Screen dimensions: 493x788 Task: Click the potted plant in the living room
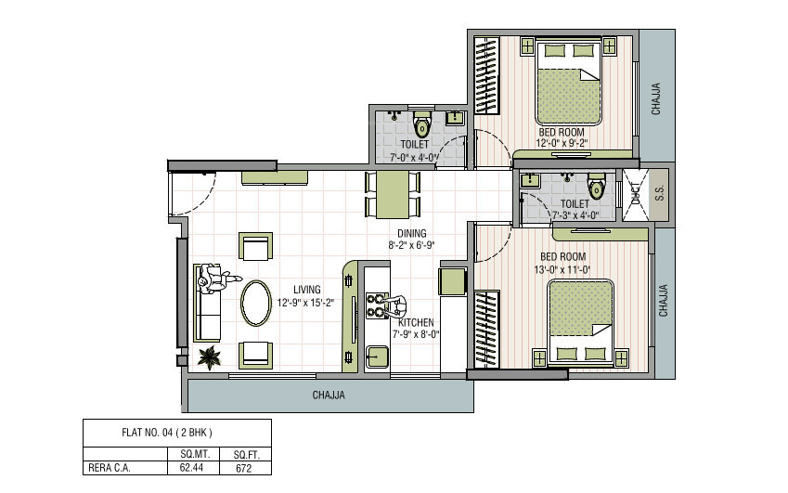[210, 357]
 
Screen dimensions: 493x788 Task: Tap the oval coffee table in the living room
[257, 302]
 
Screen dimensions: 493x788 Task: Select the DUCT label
[635, 193]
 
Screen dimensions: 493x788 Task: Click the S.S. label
[660, 194]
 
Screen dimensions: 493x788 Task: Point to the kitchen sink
[377, 355]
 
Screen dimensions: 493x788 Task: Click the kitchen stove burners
[378, 305]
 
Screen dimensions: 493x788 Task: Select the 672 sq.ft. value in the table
[244, 468]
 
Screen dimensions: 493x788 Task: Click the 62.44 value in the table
[191, 468]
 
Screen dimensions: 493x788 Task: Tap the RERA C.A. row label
[110, 468]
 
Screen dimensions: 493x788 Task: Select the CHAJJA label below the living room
[329, 395]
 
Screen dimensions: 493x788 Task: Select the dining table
[394, 193]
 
